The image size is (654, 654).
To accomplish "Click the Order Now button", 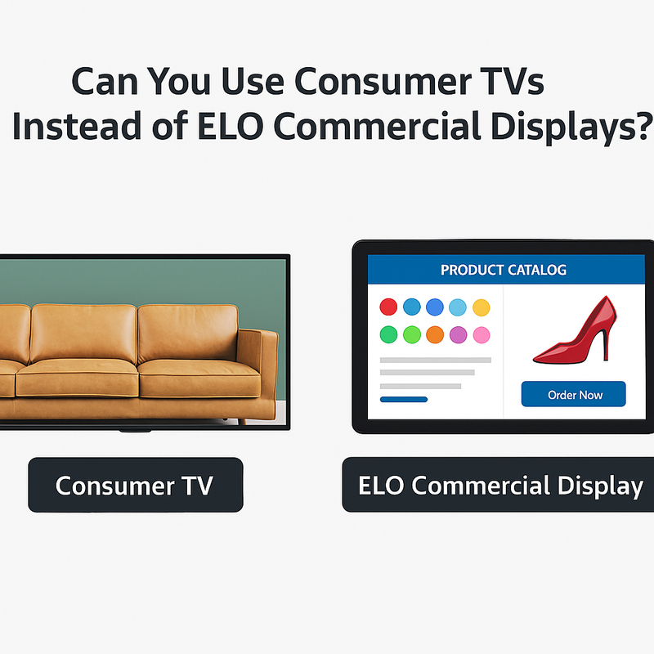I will pyautogui.click(x=574, y=394).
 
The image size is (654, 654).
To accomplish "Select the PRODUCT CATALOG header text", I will pyautogui.click(x=503, y=270).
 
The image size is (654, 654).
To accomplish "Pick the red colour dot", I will pyautogui.click(x=389, y=307).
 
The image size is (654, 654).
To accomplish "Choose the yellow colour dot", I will pyautogui.click(x=482, y=307).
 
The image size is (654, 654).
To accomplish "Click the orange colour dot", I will pyautogui.click(x=435, y=334).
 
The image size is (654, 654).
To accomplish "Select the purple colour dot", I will pyautogui.click(x=459, y=334).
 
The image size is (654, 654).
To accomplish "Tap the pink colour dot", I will pyautogui.click(x=482, y=334).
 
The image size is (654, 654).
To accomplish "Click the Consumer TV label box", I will pyautogui.click(x=135, y=485).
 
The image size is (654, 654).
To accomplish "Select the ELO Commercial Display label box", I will pyautogui.click(x=499, y=485).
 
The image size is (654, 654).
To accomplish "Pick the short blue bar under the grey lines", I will pyautogui.click(x=404, y=400).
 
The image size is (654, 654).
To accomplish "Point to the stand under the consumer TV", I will pyautogui.click(x=135, y=428).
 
